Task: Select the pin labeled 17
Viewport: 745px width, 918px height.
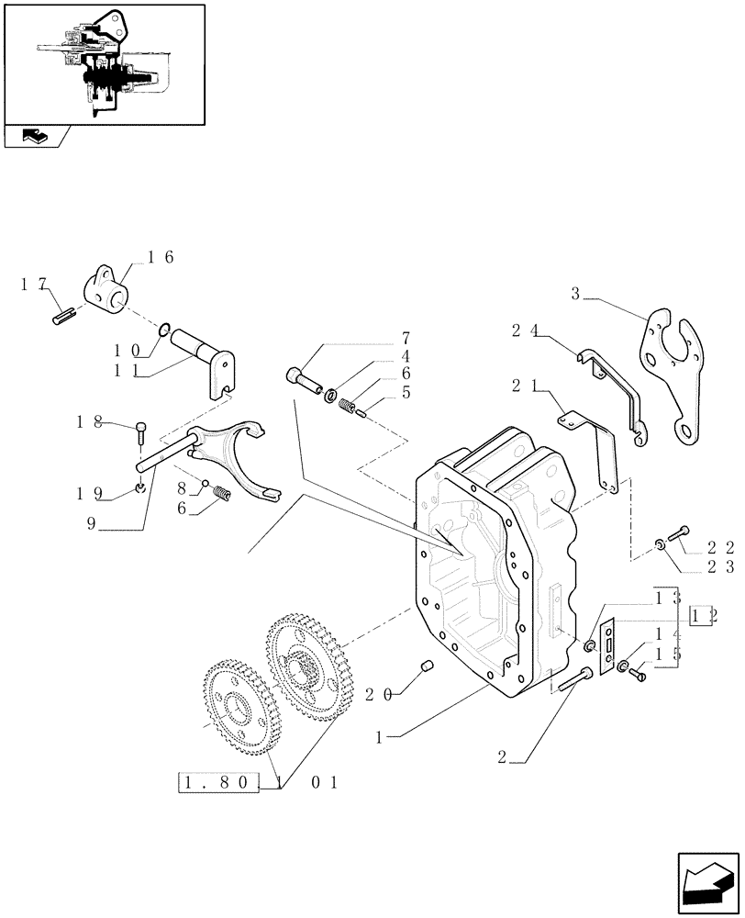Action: (x=61, y=318)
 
